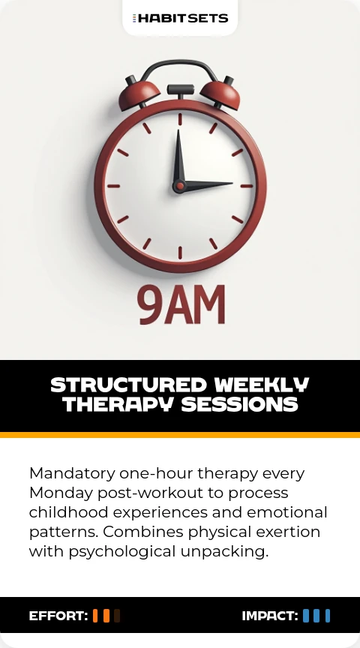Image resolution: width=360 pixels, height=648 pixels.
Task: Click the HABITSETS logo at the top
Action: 180,18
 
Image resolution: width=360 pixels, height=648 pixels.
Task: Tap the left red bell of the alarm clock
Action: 139,94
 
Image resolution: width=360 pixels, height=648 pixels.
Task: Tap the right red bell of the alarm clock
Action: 220,94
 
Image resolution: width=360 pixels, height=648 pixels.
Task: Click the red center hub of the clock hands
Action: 180,187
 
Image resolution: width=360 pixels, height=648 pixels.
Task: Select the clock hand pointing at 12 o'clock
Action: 179,159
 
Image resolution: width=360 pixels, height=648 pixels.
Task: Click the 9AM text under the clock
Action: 181,305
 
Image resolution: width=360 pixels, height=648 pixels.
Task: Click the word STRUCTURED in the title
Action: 128,385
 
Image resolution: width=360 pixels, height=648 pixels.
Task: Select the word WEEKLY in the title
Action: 261,385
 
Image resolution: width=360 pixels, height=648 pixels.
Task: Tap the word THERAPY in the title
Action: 118,404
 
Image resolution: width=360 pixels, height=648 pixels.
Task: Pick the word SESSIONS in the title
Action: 240,404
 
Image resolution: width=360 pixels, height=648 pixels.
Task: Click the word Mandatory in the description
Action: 72,473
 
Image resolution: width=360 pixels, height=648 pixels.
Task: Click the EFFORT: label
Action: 58,616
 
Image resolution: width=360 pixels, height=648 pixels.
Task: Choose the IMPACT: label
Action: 270,616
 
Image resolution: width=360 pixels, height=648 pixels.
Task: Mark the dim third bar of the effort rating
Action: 117,616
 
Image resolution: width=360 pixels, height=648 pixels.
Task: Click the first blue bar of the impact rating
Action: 306,616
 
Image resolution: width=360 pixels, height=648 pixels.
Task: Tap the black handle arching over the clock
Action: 179,63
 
